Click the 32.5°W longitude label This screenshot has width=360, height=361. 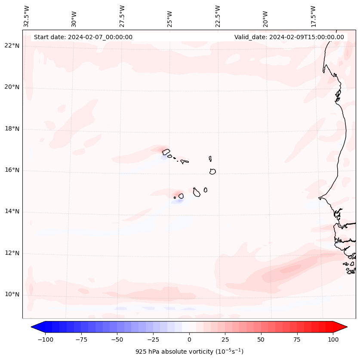tap(27, 16)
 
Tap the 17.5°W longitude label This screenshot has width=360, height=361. tap(313, 16)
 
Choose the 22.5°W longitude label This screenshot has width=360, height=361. tap(218, 16)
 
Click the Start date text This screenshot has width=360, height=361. tap(83, 37)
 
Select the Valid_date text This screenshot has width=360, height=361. tap(289, 37)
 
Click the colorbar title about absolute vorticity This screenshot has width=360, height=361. tap(189, 352)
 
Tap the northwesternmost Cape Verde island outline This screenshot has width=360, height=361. tap(166, 151)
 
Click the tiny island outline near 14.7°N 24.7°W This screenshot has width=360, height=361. tap(175, 197)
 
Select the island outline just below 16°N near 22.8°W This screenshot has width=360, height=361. tap(212, 171)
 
